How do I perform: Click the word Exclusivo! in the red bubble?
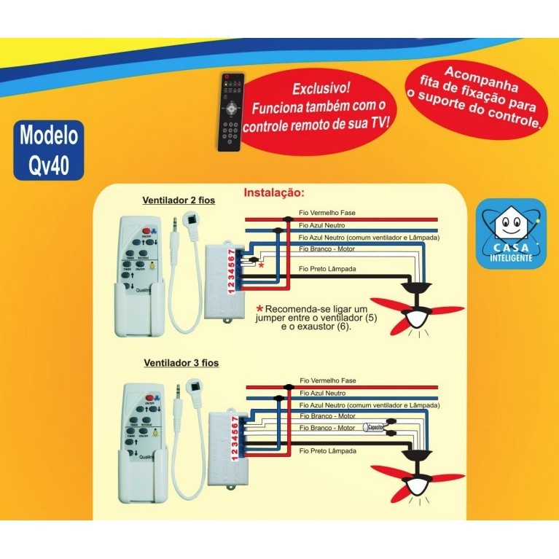(321, 89)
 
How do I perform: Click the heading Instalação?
(273, 193)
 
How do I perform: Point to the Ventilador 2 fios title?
(179, 200)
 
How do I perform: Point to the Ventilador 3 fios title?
(181, 362)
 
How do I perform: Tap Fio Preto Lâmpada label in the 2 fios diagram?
(327, 269)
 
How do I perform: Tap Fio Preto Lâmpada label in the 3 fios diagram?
(327, 451)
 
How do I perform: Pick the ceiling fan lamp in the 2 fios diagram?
(418, 317)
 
